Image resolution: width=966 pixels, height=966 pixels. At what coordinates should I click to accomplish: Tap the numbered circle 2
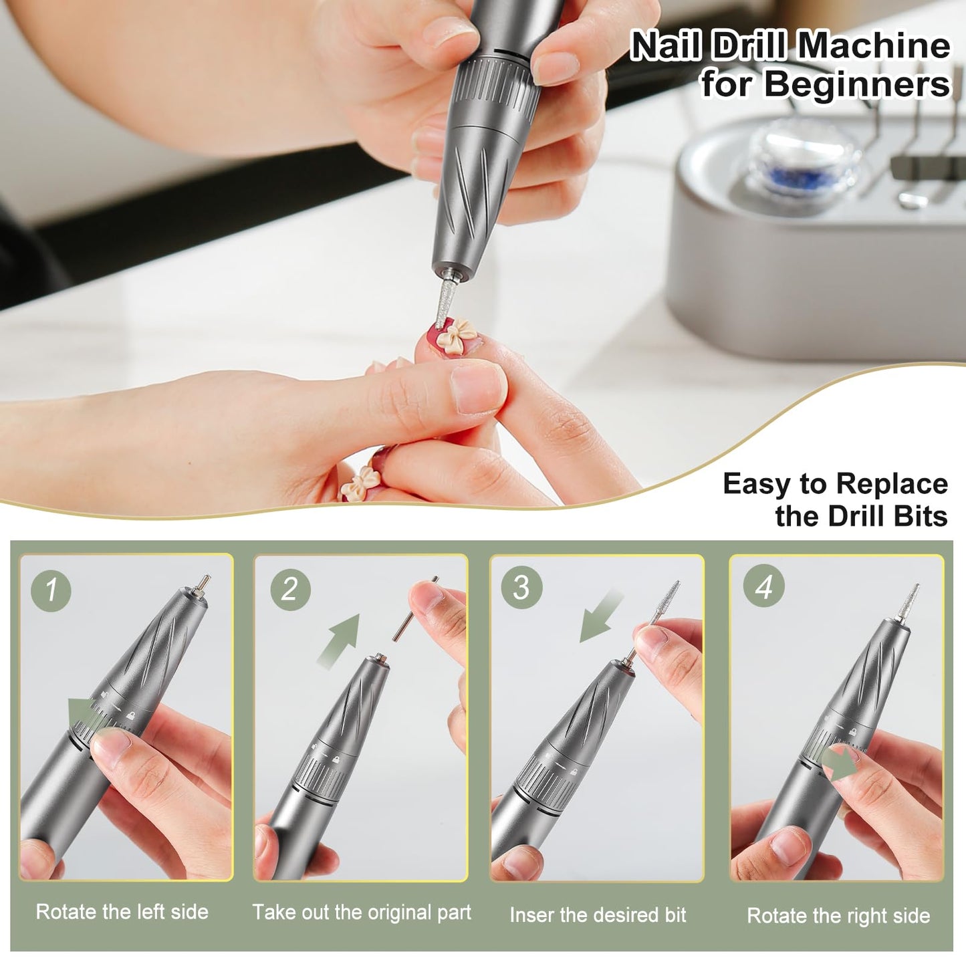click(290, 590)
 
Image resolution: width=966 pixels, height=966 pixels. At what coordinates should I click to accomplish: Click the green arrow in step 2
click(339, 640)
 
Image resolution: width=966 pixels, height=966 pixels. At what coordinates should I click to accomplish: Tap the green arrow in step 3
click(601, 616)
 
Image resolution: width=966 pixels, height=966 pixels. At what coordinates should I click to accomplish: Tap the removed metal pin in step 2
click(415, 608)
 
